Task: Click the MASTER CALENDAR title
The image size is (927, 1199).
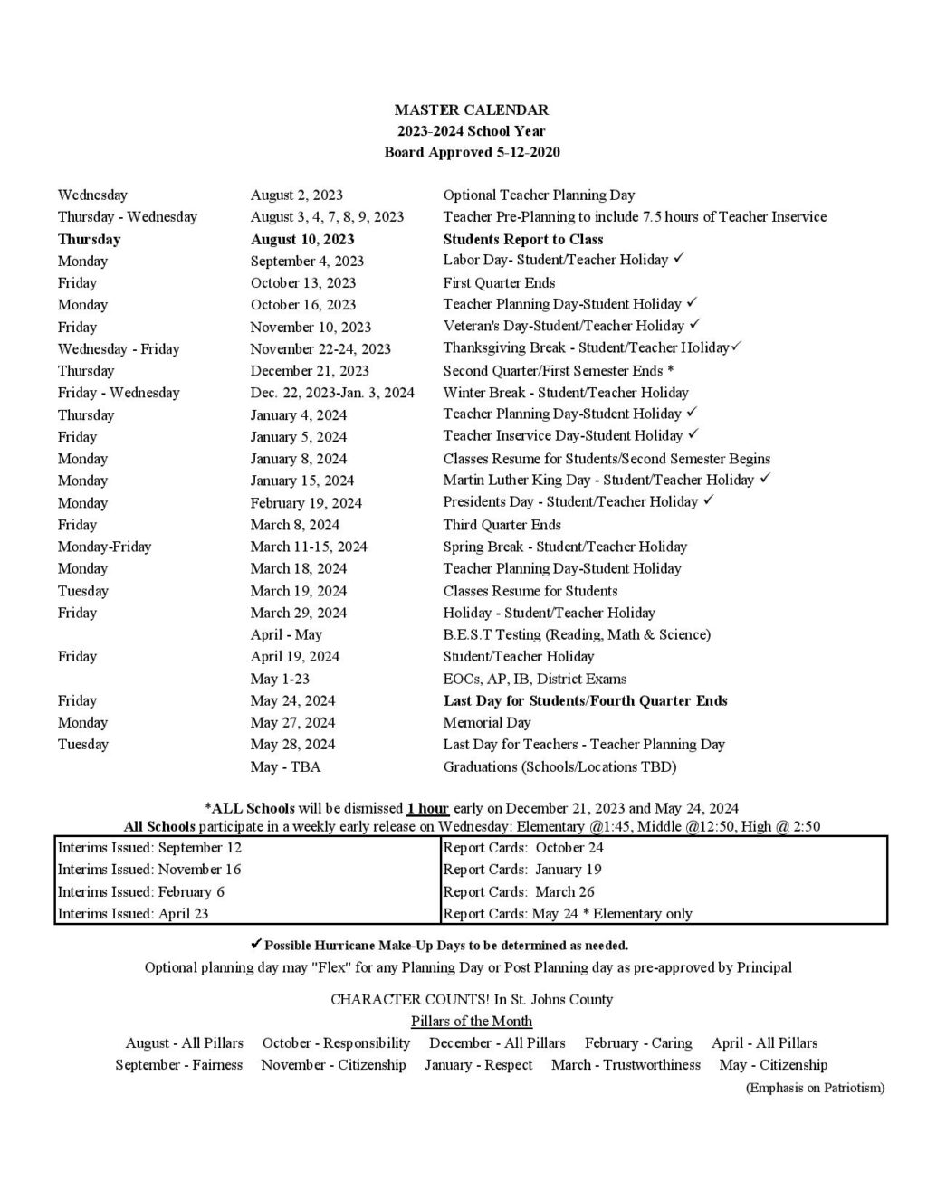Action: (471, 109)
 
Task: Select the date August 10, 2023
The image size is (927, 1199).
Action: (302, 239)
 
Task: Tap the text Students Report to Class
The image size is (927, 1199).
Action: (522, 239)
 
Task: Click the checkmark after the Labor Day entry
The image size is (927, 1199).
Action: (679, 259)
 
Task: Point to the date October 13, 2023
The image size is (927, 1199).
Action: (303, 283)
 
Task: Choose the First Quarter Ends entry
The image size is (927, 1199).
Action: (499, 283)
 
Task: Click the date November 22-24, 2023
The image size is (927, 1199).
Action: (320, 349)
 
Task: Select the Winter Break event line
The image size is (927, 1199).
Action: (565, 393)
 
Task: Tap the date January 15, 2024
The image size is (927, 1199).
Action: (302, 481)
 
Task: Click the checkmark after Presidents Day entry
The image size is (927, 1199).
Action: (709, 500)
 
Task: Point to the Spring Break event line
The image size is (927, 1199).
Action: (565, 547)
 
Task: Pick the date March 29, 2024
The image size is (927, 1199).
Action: (299, 613)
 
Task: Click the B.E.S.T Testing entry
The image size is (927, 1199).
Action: (577, 634)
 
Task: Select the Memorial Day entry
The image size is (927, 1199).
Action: (487, 722)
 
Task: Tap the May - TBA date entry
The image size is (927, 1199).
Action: (285, 766)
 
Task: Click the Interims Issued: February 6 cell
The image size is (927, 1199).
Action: (140, 891)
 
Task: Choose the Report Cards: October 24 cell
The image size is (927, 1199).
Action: (523, 848)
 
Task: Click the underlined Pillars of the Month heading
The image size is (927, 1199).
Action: (471, 1021)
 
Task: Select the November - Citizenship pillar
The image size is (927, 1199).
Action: (333, 1065)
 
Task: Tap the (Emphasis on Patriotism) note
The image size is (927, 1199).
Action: (815, 1088)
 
